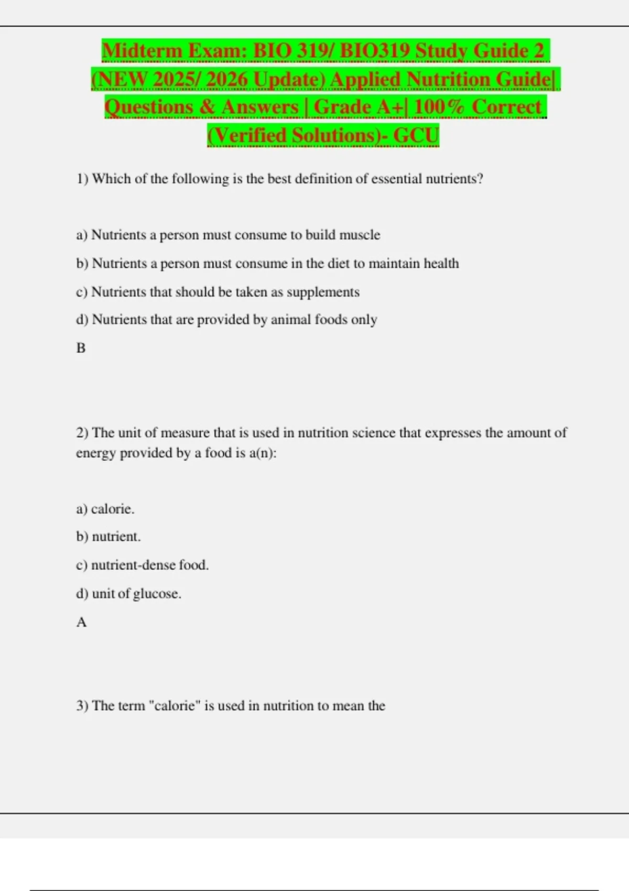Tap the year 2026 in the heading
(226, 80)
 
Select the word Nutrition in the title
(448, 80)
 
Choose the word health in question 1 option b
(441, 263)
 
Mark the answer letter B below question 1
(81, 348)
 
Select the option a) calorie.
(105, 509)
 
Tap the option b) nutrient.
(109, 537)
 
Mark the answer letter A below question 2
(81, 622)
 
